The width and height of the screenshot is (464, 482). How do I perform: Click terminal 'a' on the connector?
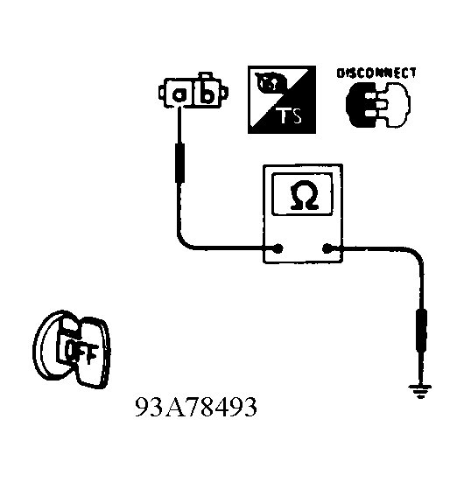[x=179, y=94]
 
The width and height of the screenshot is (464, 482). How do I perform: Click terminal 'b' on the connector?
[x=207, y=93]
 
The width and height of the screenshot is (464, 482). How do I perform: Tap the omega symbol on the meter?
[x=304, y=195]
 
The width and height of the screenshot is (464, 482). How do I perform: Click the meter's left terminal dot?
[x=278, y=248]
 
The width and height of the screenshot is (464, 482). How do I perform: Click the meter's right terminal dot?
[x=327, y=248]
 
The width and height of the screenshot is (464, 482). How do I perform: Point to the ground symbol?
[x=419, y=391]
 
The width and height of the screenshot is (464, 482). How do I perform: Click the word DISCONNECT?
[x=376, y=73]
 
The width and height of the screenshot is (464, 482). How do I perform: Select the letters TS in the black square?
[x=290, y=115]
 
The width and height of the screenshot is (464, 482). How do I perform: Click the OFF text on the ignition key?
[x=81, y=353]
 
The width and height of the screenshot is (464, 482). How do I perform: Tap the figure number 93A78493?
[x=196, y=407]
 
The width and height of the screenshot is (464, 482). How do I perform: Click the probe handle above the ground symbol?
[x=421, y=331]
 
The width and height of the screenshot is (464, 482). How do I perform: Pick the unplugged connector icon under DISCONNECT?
[x=378, y=104]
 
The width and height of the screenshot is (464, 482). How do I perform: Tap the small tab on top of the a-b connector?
[x=205, y=75]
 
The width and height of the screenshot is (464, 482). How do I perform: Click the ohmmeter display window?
[x=302, y=194]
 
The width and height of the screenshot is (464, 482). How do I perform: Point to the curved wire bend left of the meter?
[x=185, y=241]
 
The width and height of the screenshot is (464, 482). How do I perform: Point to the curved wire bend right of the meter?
[x=415, y=254]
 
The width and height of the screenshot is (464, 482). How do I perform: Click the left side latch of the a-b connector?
[x=162, y=92]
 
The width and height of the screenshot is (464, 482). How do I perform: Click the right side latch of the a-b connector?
[x=225, y=92]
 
